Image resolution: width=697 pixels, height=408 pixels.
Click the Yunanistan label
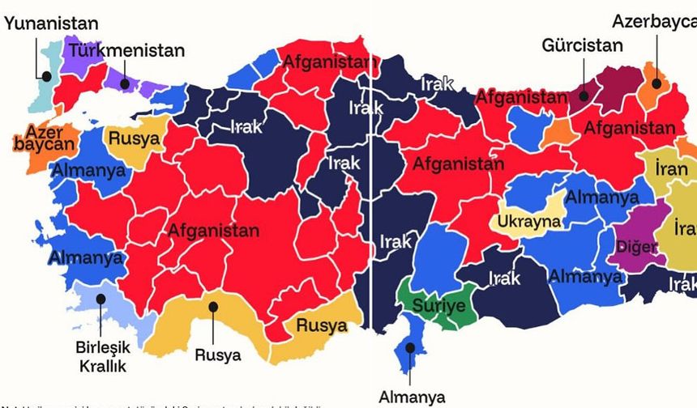point(50,23)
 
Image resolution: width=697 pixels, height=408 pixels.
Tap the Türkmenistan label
point(126,50)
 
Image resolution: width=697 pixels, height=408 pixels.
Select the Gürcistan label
point(582,45)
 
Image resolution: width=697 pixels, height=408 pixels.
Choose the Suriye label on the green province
point(438,306)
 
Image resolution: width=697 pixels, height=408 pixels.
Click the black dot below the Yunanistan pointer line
point(47,77)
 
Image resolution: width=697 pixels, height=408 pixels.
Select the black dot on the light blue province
point(101,298)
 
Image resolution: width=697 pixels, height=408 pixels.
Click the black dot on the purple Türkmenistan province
point(124,81)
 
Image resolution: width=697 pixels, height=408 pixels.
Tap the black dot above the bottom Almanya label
point(411,347)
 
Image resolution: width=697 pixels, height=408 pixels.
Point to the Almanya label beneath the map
point(412,397)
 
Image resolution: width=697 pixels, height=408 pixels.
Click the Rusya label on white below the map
point(217,355)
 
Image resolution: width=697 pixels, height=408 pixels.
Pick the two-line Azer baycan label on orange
point(44,139)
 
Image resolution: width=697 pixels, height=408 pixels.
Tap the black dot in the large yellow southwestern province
point(213,307)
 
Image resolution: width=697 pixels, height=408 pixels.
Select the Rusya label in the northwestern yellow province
point(134,139)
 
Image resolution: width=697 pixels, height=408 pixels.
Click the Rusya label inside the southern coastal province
point(322,326)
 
